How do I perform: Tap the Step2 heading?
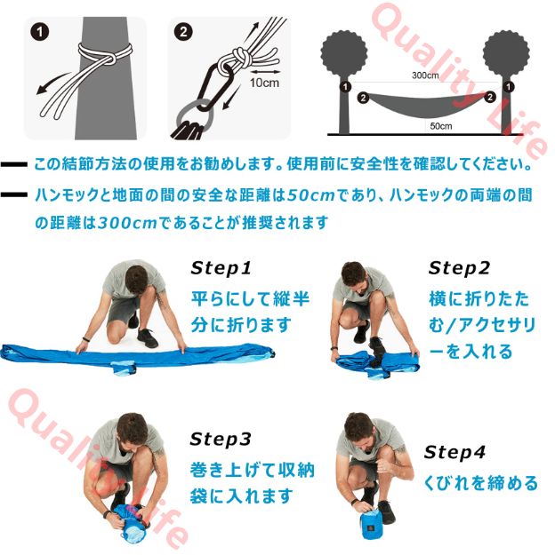click(459, 268)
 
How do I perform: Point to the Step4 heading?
click(454, 452)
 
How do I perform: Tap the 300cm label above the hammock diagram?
click(426, 76)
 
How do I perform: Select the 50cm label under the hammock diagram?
click(440, 125)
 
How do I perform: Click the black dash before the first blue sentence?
click(14, 165)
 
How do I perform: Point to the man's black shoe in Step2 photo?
click(362, 333)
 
